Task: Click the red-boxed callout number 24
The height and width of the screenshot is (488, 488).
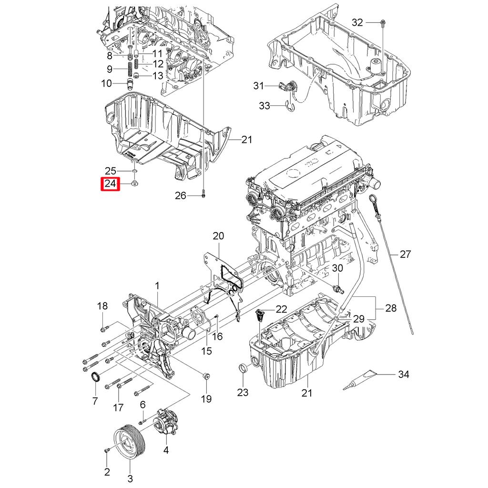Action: (110, 183)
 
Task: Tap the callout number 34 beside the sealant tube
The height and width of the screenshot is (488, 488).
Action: (403, 375)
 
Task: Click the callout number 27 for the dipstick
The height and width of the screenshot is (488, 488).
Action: (405, 254)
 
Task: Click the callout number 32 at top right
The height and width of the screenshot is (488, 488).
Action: (357, 22)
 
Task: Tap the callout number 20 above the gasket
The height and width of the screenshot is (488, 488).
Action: (218, 236)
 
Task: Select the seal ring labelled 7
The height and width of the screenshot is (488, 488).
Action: (96, 377)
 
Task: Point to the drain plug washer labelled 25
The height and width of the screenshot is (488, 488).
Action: (135, 171)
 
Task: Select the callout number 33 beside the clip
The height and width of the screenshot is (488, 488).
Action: (264, 105)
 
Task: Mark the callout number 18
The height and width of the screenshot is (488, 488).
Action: (103, 306)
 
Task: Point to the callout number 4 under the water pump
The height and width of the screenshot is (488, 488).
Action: (166, 449)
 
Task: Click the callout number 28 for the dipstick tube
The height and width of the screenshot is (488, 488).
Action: (391, 308)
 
